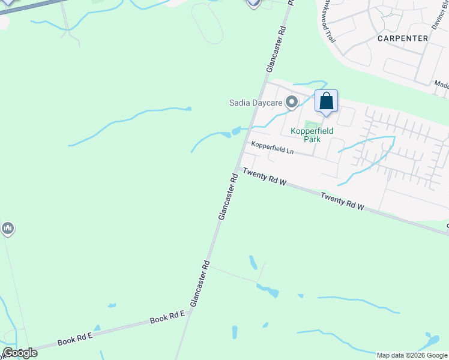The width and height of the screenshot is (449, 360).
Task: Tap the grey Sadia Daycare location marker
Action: (x=292, y=103)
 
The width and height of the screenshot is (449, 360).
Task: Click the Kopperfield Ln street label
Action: (x=272, y=148)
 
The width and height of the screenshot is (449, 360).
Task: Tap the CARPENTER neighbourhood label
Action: (x=403, y=38)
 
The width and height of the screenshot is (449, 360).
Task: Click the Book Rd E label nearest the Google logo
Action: (x=74, y=339)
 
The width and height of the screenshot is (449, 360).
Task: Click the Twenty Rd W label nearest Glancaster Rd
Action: (x=264, y=178)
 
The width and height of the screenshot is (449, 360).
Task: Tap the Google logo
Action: (x=20, y=352)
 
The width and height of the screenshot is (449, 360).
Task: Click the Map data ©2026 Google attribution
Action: (x=412, y=355)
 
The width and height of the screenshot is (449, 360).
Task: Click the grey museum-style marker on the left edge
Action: (x=8, y=229)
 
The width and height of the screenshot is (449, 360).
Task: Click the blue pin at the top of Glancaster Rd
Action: (x=253, y=3)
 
